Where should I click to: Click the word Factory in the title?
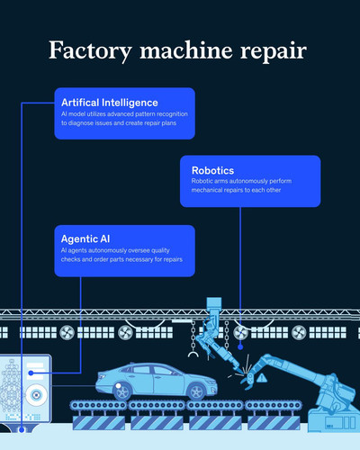coord(90,51)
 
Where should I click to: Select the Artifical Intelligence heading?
coord(110,103)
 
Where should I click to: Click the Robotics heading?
coord(212,170)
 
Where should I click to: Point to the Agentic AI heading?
coord(85,238)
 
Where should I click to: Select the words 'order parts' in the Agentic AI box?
coord(109,259)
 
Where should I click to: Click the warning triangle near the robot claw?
coord(262,377)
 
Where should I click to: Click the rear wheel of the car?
coord(122,392)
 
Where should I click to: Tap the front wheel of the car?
coord(197,392)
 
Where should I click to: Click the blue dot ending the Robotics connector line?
coord(240,347)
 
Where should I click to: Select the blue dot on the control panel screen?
coord(31,373)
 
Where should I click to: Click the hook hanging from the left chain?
coord(193,355)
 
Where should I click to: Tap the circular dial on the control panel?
coord(36,395)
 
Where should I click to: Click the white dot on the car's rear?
coord(119,386)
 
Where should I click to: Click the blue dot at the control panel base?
coord(22,429)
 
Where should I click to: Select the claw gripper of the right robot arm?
coord(249,380)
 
